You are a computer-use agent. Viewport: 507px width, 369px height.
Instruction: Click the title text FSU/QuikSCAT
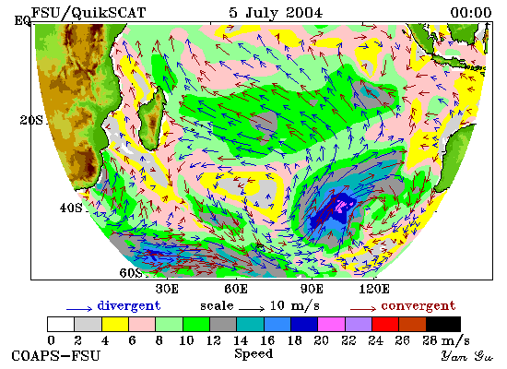(x=88, y=13)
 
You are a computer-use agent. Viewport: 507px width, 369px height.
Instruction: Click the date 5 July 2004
(x=276, y=13)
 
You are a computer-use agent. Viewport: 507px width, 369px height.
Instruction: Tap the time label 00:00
(x=471, y=13)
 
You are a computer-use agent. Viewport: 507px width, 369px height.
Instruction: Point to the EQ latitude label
(x=23, y=20)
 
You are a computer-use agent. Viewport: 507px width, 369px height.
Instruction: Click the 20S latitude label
(x=31, y=121)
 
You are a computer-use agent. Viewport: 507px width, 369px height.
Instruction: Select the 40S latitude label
(x=71, y=208)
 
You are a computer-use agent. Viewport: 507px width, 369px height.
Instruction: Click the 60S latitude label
(x=131, y=273)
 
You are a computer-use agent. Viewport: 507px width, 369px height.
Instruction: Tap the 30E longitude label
(x=167, y=289)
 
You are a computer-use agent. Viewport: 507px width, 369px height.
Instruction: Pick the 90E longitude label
(x=312, y=289)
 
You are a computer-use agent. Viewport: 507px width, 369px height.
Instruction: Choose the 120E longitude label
(x=374, y=289)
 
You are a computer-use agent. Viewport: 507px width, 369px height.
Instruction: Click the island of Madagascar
(x=152, y=120)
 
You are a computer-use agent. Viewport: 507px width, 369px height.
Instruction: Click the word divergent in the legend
(x=129, y=306)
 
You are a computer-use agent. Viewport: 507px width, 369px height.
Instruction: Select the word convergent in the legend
(x=419, y=306)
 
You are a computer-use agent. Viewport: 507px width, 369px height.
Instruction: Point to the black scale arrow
(x=252, y=309)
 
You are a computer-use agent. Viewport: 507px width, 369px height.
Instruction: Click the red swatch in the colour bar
(x=385, y=325)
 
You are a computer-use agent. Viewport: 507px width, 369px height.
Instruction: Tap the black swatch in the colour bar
(x=443, y=325)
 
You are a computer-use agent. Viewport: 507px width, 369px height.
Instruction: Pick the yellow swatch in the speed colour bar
(x=115, y=325)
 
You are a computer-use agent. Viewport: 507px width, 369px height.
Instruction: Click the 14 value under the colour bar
(x=241, y=340)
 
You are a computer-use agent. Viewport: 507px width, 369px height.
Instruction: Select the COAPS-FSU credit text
(x=55, y=356)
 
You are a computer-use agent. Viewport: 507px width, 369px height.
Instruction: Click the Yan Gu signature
(x=467, y=356)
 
